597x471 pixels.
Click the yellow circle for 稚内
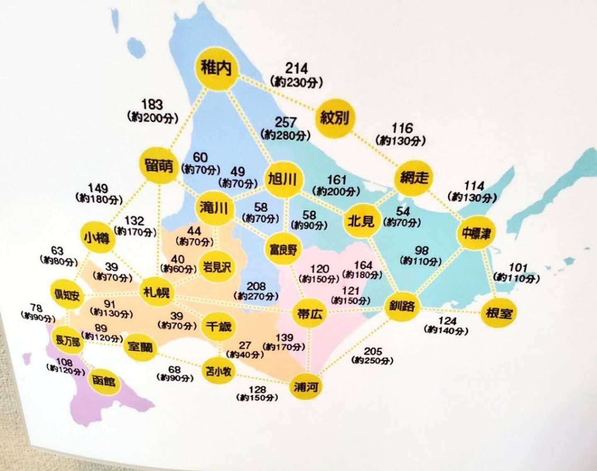pos(216,68)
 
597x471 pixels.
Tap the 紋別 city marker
pos(335,118)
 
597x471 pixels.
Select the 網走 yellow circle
pos(414,178)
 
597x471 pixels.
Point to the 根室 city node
pos(499,313)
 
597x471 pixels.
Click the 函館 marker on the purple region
pos(104,381)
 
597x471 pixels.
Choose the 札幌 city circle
pos(156,292)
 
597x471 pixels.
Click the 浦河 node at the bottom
pos(306,387)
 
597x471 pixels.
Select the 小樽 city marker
pos(97,237)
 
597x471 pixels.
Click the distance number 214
pos(296,68)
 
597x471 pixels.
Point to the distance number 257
pos(286,122)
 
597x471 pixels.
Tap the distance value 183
pos(152,104)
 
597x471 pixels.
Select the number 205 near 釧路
pos(373,351)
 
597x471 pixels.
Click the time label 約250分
pos(372,360)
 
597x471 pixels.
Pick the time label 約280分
pos(286,135)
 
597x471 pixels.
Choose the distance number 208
pos(256,286)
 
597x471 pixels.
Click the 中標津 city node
pos(476,233)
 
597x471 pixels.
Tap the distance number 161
pos(337,180)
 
